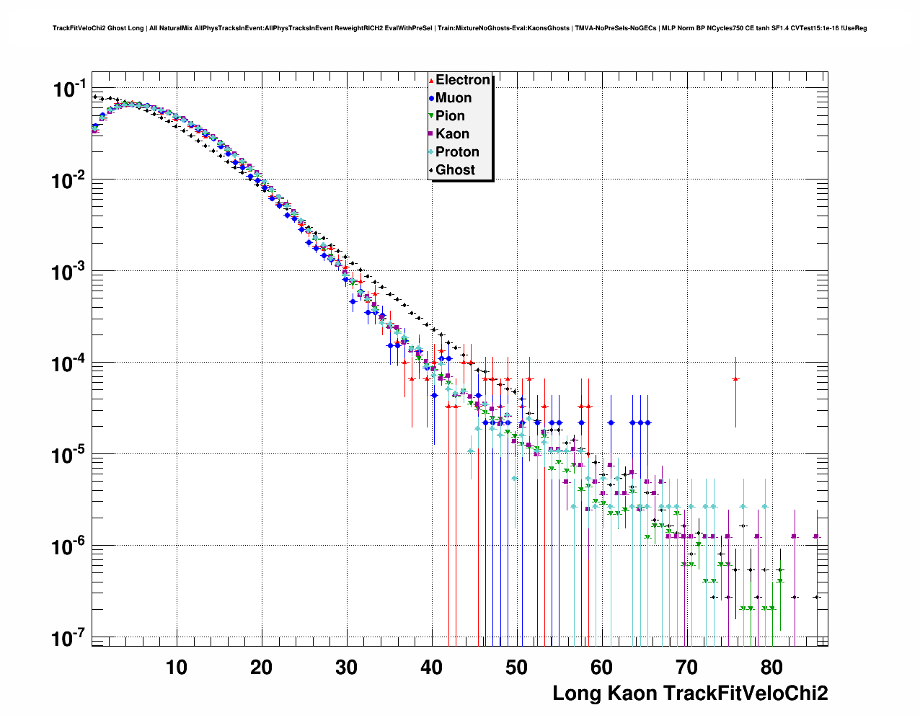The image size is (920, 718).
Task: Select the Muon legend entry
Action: point(453,98)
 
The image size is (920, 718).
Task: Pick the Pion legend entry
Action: point(450,116)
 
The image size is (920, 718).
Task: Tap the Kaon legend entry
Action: point(452,134)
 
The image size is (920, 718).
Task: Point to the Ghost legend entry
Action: point(455,170)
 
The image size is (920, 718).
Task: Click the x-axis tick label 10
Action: point(177,668)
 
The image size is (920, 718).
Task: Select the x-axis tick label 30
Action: point(347,668)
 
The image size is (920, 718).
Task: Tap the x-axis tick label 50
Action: point(517,668)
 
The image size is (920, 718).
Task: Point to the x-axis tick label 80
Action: point(772,668)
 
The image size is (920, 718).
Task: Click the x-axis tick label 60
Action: point(602,668)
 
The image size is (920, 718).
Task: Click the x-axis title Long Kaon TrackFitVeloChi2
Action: point(690,693)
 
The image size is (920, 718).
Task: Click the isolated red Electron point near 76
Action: point(735,378)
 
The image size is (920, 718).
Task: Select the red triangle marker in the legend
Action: point(431,80)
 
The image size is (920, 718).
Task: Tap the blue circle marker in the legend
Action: point(431,98)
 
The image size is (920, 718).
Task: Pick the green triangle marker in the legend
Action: point(431,116)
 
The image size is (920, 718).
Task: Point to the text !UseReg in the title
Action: point(854,29)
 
